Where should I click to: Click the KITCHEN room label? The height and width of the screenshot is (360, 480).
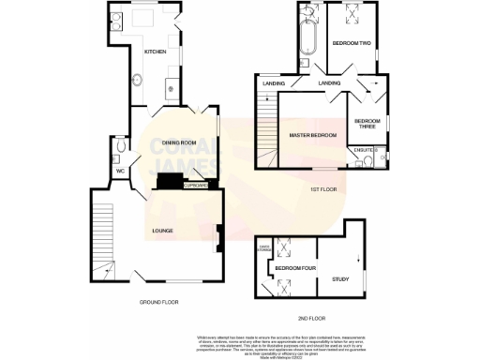tap(155, 52)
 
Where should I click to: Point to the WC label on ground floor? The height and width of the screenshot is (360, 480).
tap(119, 172)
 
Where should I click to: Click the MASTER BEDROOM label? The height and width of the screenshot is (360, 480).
tap(312, 136)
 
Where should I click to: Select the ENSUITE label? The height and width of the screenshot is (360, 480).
tap(365, 149)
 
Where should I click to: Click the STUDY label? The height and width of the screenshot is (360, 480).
tap(340, 278)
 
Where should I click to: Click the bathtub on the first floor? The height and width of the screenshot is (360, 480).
tap(309, 36)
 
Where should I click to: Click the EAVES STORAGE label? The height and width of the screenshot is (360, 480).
tap(266, 248)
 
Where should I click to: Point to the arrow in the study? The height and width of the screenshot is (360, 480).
tap(359, 259)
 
